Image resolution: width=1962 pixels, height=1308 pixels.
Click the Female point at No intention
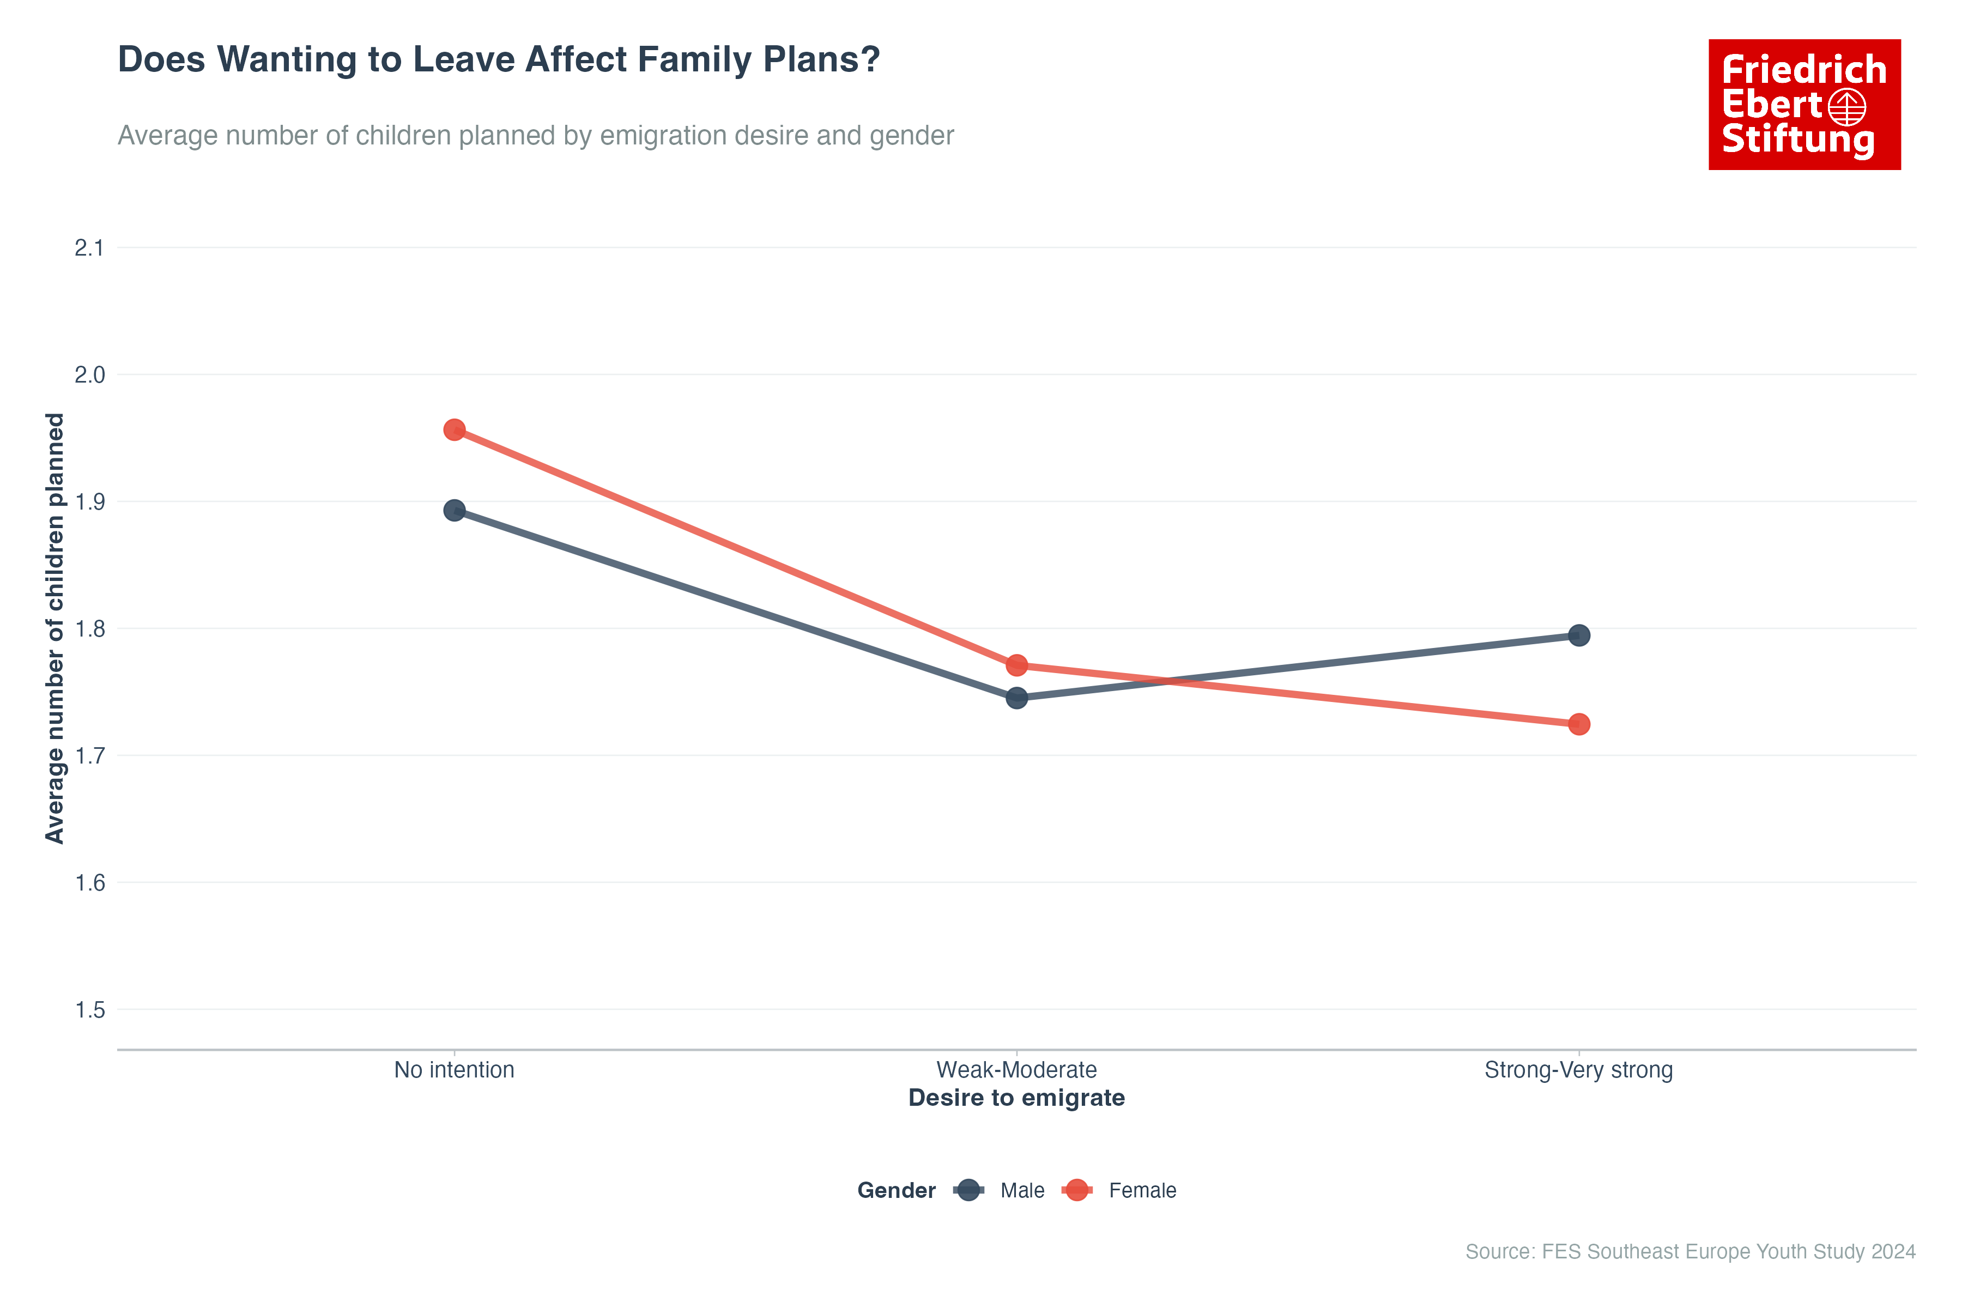454,429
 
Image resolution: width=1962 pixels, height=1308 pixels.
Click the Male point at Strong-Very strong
1578,635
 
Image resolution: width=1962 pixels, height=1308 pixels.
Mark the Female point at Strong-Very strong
1578,724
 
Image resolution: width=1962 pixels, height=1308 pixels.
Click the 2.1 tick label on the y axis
89,248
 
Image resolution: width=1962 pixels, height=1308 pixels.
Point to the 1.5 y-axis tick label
89,1010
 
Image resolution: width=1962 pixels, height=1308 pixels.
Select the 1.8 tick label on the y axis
89,629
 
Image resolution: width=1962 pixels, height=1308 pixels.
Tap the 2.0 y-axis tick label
89,374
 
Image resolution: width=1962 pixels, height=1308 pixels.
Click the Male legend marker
968,1190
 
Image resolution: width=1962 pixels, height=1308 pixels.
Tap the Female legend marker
1077,1190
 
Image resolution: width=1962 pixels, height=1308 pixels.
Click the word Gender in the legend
896,1190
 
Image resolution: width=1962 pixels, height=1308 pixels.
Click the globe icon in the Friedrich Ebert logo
1847,107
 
